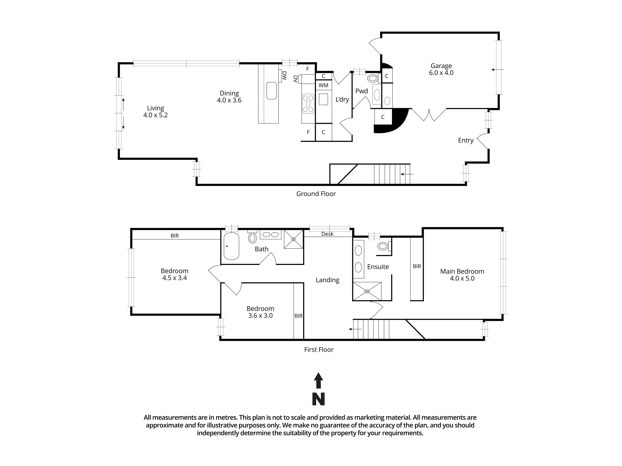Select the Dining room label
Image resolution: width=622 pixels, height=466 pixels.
[x=229, y=93]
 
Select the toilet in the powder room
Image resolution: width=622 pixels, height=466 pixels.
[x=373, y=78]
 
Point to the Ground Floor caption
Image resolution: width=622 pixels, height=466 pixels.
[x=316, y=194]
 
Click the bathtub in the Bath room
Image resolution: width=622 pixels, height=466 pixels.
[x=231, y=246]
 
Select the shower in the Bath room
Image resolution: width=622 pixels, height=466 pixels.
[x=294, y=239]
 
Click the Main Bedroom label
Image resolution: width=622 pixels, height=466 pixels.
[x=462, y=271]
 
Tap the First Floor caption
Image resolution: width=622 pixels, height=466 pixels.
[x=319, y=350]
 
